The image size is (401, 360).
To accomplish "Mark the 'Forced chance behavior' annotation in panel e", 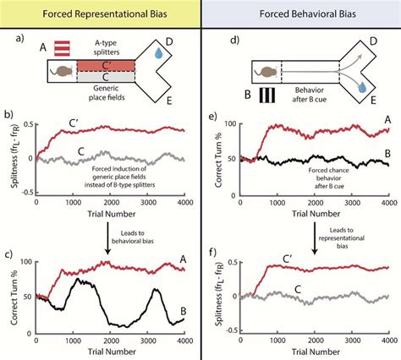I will [322, 172].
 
